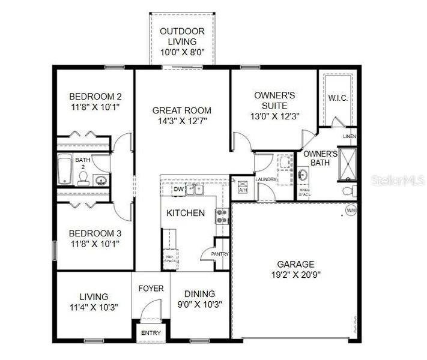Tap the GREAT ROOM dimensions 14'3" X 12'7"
[181, 121]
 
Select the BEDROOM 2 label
[95, 97]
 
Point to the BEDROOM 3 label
[95, 233]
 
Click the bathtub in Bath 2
[65, 170]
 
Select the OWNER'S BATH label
[319, 158]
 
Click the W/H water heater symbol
[351, 211]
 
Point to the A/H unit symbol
[243, 185]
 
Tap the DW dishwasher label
[178, 190]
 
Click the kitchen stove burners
[222, 216]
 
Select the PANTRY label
[220, 254]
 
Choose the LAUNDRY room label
[265, 179]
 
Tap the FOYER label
[151, 289]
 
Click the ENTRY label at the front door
[150, 332]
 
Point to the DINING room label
[199, 293]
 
